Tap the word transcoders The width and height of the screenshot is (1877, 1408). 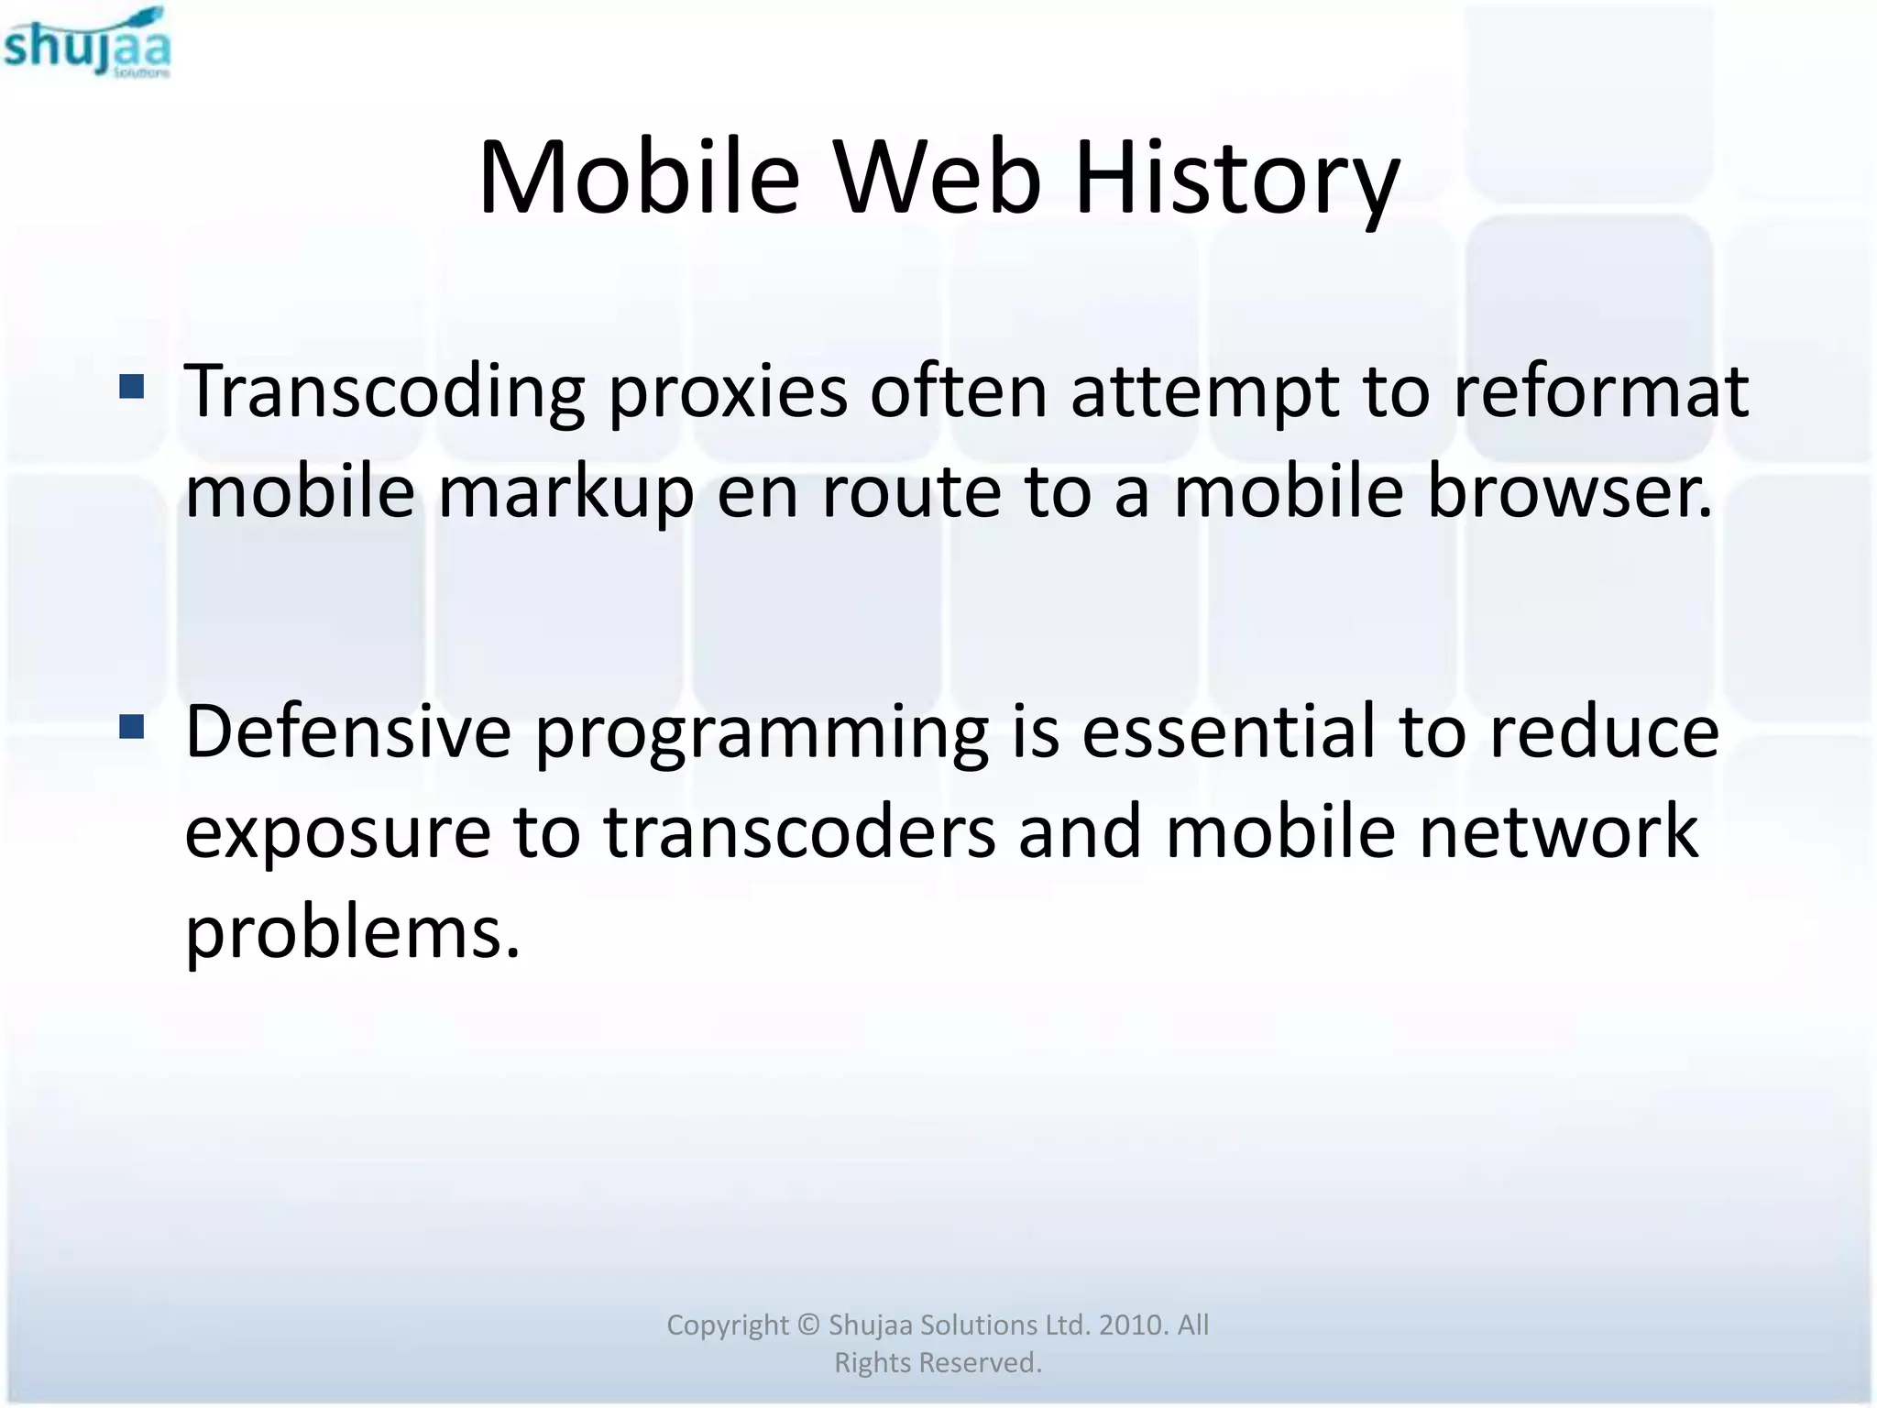(799, 832)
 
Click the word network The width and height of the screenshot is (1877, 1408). (1558, 832)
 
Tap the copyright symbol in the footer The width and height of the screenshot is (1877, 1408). (807, 1325)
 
